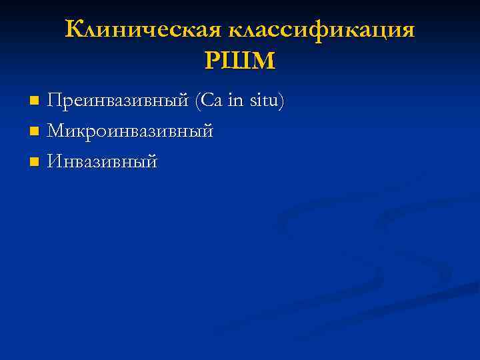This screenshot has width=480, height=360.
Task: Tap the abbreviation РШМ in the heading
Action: [x=239, y=61]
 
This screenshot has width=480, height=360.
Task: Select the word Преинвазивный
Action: [x=118, y=101]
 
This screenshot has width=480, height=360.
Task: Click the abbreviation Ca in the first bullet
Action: [x=211, y=101]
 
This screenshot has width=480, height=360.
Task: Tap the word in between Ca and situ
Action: [x=236, y=101]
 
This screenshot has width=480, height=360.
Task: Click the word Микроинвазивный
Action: [x=130, y=131]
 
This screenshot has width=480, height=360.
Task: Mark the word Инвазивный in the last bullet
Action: [x=102, y=161]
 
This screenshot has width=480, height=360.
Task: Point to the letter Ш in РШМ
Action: [x=239, y=61]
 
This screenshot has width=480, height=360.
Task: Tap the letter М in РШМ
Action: [x=264, y=61]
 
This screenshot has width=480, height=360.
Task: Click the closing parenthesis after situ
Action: [x=282, y=102]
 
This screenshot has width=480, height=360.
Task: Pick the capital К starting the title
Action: [x=74, y=29]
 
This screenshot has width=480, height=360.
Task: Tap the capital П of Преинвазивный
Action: [x=55, y=101]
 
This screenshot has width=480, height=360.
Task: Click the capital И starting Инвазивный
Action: [x=55, y=161]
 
